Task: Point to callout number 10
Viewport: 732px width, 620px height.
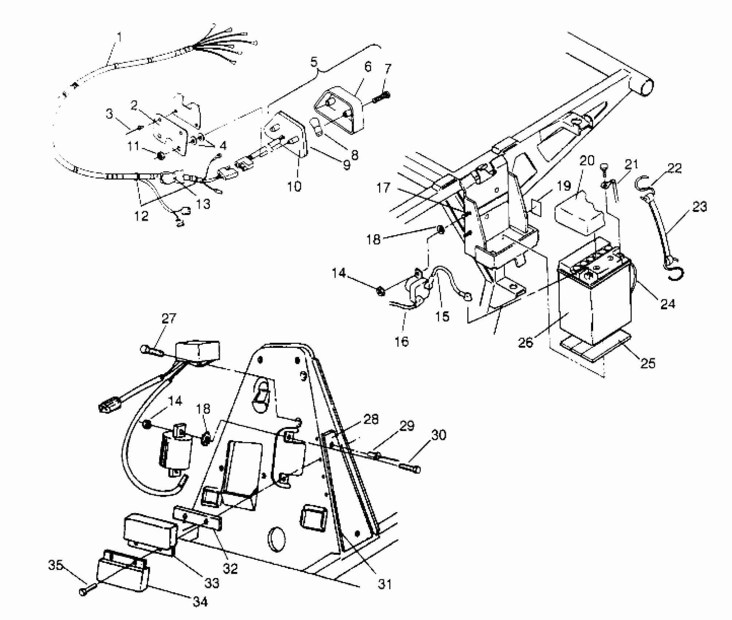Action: tap(294, 186)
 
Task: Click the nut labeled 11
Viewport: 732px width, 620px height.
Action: tap(159, 156)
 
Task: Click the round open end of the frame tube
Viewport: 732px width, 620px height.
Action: tap(643, 89)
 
